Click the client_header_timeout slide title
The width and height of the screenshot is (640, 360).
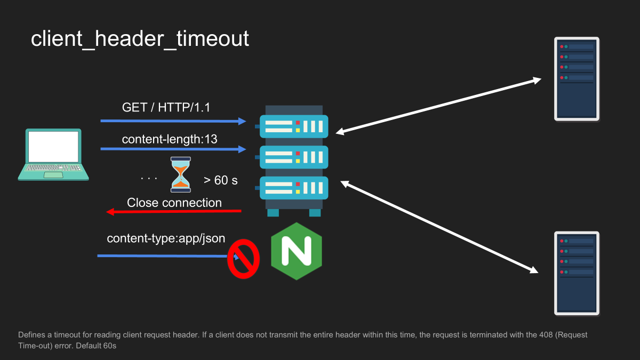coord(140,39)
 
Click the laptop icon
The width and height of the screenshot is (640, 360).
coord(53,155)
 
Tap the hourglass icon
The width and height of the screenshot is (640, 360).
coord(181,174)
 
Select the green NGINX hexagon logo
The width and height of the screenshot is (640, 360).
coord(297,251)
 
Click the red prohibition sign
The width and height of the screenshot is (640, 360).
coord(243,259)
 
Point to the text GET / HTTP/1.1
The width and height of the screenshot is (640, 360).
coord(166,108)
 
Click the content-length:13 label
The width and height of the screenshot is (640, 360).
coord(170,139)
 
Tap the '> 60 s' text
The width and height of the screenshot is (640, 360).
coord(221,180)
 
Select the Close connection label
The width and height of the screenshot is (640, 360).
coord(174,203)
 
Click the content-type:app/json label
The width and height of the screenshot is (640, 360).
coord(166,238)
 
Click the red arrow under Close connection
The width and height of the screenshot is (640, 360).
coord(174,212)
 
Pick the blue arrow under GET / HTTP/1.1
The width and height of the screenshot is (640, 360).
coord(173,121)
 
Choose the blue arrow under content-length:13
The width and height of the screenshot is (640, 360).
coord(173,149)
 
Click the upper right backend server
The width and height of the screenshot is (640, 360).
coord(577,79)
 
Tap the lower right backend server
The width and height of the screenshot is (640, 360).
coord(577,274)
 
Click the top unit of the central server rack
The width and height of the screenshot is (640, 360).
coord(294,126)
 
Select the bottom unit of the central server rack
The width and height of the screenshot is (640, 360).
coord(294,188)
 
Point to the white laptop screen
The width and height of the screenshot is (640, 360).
coord(53,147)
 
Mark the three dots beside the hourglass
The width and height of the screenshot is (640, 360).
coord(149,179)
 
